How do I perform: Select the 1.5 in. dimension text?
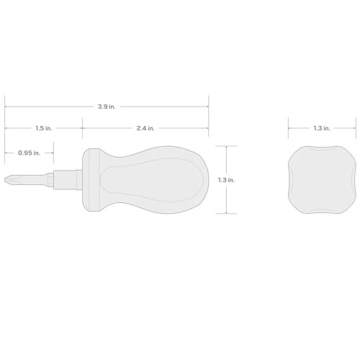point(43,129)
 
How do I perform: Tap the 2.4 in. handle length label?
point(146,129)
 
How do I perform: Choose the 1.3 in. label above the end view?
point(322,129)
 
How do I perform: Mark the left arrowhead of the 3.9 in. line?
point(6,107)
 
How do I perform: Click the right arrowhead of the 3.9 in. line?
point(207,107)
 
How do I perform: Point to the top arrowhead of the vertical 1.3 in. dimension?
point(227,148)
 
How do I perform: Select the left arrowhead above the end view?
point(290,129)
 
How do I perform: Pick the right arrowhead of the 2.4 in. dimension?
point(207,129)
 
